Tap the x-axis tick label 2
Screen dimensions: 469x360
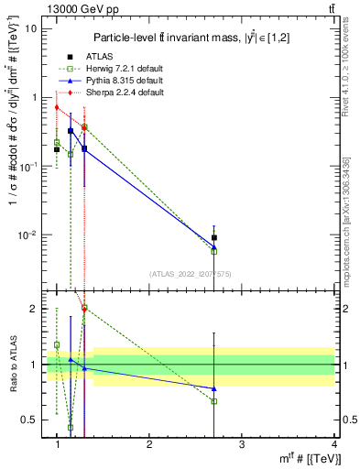[x=149, y=444]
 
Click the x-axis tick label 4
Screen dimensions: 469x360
[x=333, y=444]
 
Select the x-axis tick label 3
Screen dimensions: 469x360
[x=241, y=444]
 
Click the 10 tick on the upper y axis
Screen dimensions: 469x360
[x=31, y=28]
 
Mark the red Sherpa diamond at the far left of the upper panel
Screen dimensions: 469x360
[x=57, y=107]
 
